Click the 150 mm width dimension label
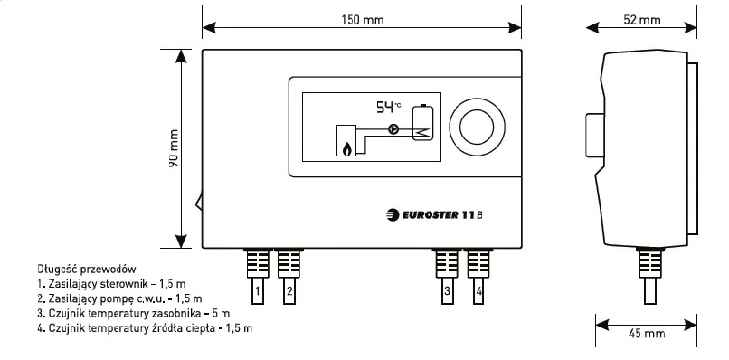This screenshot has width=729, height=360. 361,20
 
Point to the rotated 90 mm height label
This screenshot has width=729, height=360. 173,147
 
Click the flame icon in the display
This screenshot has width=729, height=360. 346,147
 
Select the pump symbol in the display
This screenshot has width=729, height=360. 393,129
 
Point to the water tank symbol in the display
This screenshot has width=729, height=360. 421,124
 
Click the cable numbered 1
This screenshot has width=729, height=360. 258,291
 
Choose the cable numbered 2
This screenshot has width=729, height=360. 289,291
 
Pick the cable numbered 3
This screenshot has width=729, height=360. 447,291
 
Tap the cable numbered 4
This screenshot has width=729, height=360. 478,291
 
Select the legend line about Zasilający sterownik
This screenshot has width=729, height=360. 98,284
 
